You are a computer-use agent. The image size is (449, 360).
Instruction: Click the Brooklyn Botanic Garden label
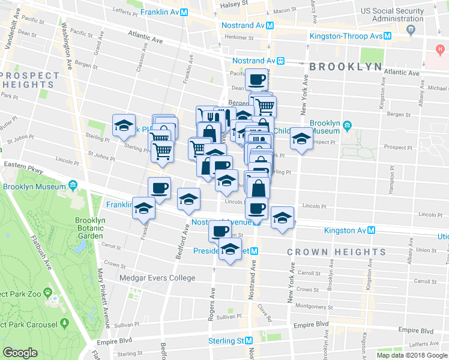[x=90, y=228]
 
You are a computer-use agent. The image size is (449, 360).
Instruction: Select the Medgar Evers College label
[x=157, y=278]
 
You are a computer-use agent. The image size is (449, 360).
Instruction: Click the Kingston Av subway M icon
[x=372, y=230]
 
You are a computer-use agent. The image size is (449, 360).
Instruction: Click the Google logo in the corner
[x=20, y=353]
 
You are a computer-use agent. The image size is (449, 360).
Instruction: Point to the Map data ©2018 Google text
[x=412, y=355]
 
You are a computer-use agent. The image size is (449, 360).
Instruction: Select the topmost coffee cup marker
[x=256, y=79]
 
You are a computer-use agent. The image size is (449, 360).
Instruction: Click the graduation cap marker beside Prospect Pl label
[x=301, y=139]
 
